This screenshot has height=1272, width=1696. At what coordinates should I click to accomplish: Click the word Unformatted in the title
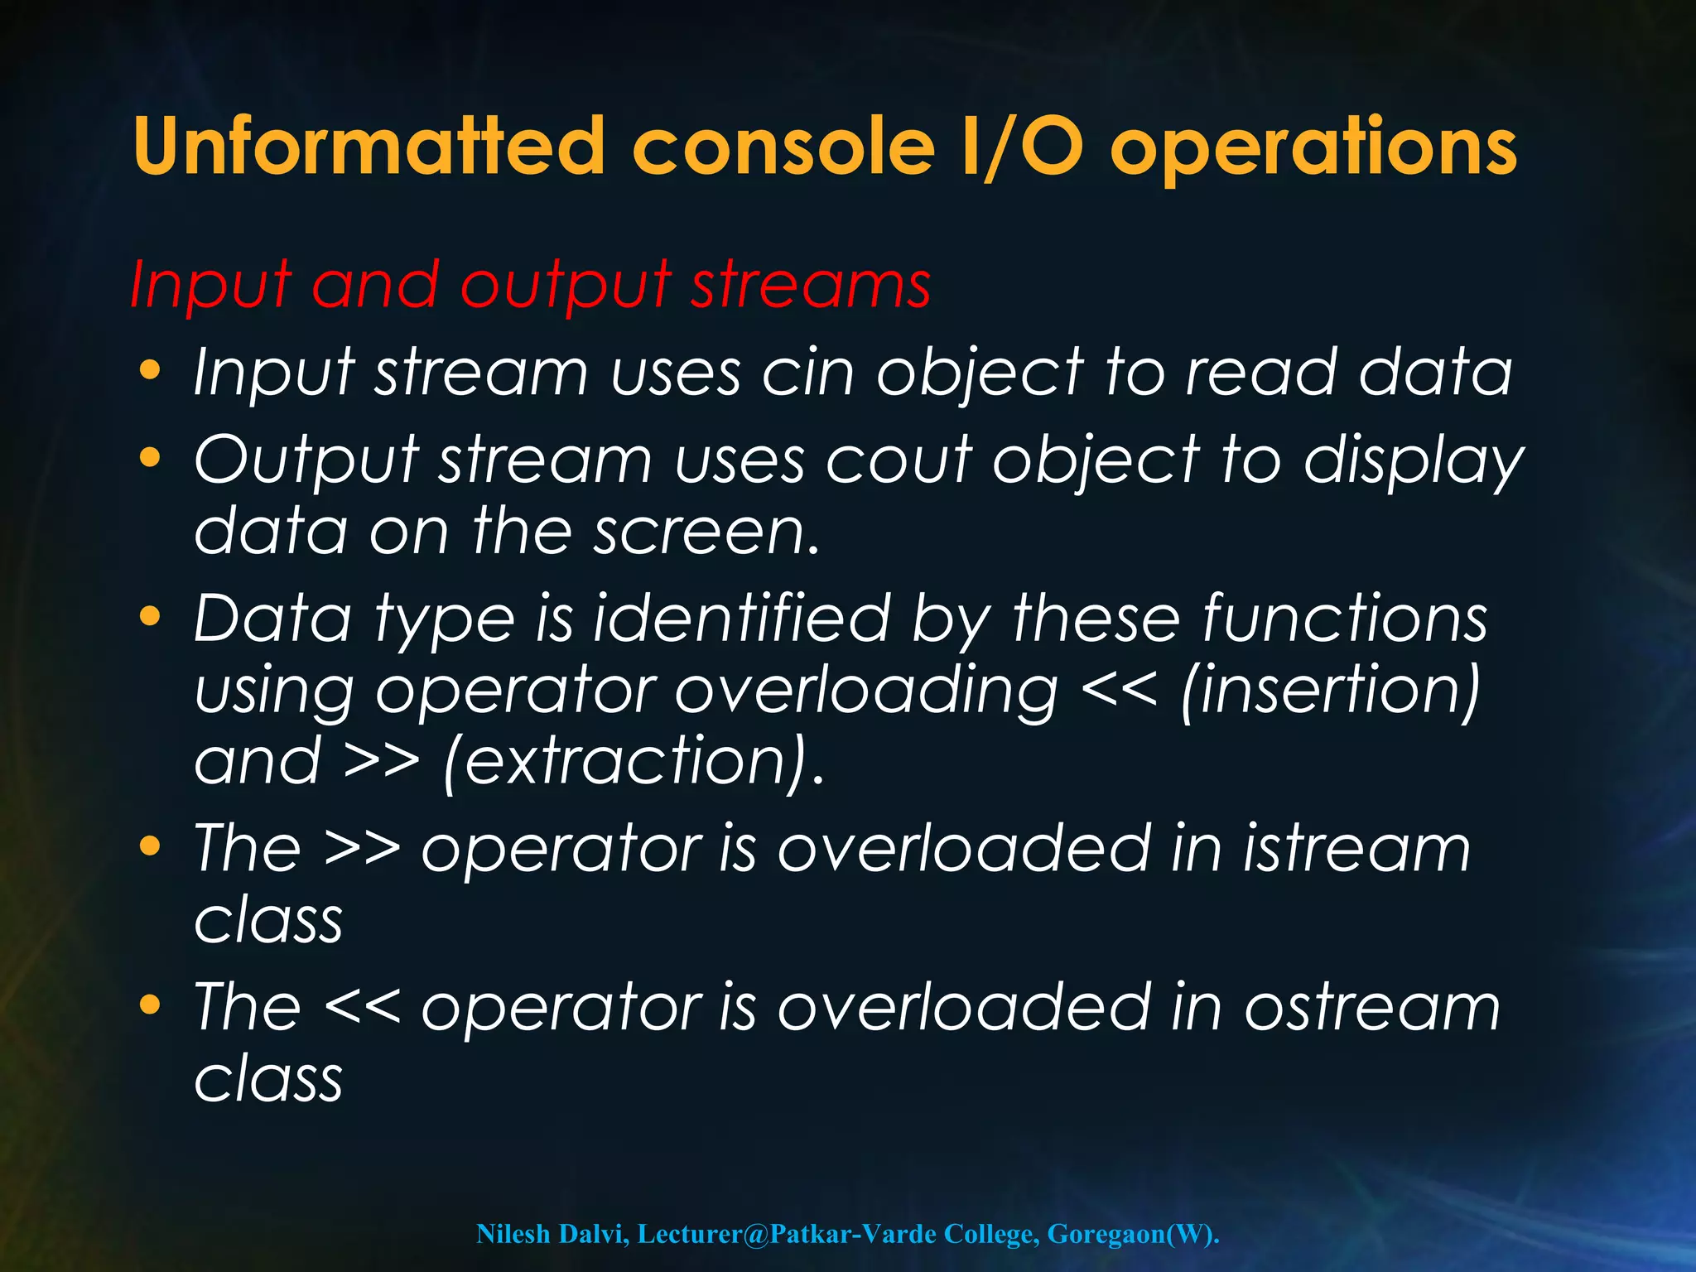tap(369, 147)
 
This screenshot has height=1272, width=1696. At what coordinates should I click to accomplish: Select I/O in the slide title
tap(1022, 147)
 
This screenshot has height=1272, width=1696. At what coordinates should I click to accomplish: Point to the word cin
tap(807, 373)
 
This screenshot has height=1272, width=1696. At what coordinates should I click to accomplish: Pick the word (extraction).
tap(634, 762)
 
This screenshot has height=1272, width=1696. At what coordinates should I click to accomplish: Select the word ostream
tap(1371, 1008)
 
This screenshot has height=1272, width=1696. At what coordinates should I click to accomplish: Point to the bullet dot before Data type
tap(150, 617)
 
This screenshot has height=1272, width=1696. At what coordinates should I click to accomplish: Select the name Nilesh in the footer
tap(513, 1235)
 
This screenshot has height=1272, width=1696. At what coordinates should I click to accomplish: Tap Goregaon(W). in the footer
tap(1133, 1235)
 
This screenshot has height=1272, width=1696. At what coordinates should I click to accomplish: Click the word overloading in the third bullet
tap(865, 691)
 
